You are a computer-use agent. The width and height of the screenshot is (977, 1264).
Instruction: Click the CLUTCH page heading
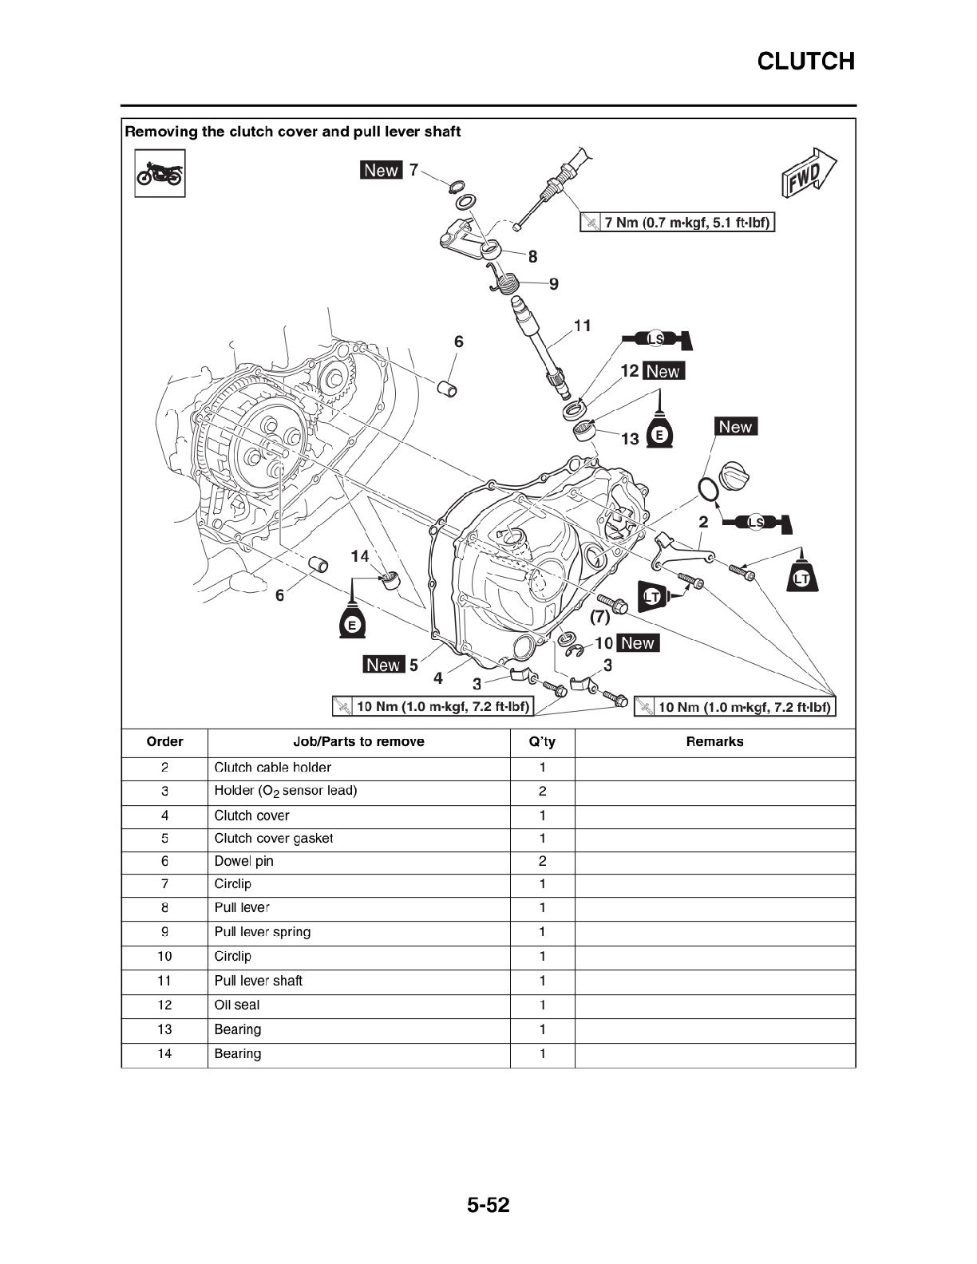coord(806,61)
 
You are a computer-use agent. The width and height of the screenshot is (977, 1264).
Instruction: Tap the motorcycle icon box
coord(160,173)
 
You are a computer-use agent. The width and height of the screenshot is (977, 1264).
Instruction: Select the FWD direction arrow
coord(809,172)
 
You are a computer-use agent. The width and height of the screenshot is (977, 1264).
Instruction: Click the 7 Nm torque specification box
coord(678,222)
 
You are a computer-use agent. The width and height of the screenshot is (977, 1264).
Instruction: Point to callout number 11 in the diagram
coord(583,326)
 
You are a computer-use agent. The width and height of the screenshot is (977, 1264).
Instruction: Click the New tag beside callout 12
coord(663,370)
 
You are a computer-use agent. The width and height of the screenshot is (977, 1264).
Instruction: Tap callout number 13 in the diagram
coord(631,439)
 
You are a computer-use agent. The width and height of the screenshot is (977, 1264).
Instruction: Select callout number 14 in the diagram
coord(360,556)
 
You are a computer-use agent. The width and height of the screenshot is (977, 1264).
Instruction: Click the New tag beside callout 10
coord(638,642)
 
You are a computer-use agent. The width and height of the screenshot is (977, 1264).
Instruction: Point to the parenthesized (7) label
coord(600,616)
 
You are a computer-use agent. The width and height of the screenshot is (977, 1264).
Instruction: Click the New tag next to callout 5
coord(384,664)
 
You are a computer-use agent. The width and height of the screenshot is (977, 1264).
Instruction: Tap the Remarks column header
coord(714,741)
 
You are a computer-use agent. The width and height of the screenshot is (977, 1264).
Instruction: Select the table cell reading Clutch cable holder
coord(272,767)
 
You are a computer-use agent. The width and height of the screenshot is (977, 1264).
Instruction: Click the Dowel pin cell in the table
coord(243,861)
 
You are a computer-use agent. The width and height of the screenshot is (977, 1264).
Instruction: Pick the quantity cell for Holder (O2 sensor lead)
coord(542,791)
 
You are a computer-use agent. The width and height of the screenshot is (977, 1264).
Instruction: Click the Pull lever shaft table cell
coord(259,981)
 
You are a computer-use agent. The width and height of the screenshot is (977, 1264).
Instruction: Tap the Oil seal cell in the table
coord(237,1005)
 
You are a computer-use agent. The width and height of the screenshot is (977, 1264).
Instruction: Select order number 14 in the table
coord(164,1053)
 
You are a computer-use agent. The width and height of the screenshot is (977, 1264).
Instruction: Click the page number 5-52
coord(489,1205)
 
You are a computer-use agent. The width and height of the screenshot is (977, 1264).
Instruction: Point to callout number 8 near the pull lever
coord(532,256)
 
